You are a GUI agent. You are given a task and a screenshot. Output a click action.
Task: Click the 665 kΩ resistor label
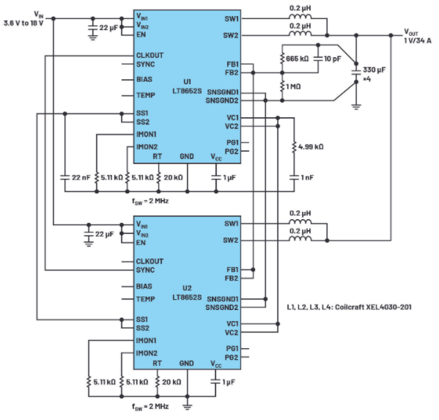pyautogui.click(x=298, y=59)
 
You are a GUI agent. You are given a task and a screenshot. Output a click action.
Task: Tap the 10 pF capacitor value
pyautogui.click(x=333, y=59)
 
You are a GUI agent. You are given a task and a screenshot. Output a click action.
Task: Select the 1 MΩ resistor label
pyautogui.click(x=293, y=86)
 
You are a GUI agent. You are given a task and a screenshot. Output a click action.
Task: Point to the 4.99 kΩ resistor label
pyautogui.click(x=311, y=147)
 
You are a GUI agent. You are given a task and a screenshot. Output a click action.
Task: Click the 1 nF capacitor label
pyautogui.click(x=307, y=177)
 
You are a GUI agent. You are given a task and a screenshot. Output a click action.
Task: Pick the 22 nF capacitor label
pyautogui.click(x=81, y=177)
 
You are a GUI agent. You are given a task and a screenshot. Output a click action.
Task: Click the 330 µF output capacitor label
pyautogui.click(x=374, y=70)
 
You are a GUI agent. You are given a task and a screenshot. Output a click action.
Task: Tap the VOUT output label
pyautogui.click(x=411, y=32)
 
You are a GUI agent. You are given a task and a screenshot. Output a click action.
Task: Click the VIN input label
pyautogui.click(x=39, y=15)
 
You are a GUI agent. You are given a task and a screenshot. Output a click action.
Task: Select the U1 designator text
pyautogui.click(x=187, y=82)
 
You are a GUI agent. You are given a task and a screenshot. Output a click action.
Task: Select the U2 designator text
pyautogui.click(x=187, y=288)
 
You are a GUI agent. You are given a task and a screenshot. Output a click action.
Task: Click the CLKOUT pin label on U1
pyautogui.click(x=150, y=55)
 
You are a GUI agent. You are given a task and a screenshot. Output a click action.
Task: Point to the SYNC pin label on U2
pyautogui.click(x=145, y=270)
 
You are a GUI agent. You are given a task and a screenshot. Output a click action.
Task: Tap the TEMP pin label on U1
pyautogui.click(x=146, y=95)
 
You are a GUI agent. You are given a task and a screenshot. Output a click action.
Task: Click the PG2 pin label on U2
pyautogui.click(x=232, y=358)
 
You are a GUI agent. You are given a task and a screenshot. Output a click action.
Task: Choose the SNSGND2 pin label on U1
pyautogui.click(x=222, y=100)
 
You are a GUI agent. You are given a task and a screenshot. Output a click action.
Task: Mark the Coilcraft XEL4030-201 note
pyautogui.click(x=349, y=307)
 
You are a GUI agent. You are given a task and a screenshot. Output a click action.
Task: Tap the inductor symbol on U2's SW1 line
pyautogui.click(x=300, y=222)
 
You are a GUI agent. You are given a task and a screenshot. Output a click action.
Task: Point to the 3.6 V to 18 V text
pyautogui.click(x=23, y=23)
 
